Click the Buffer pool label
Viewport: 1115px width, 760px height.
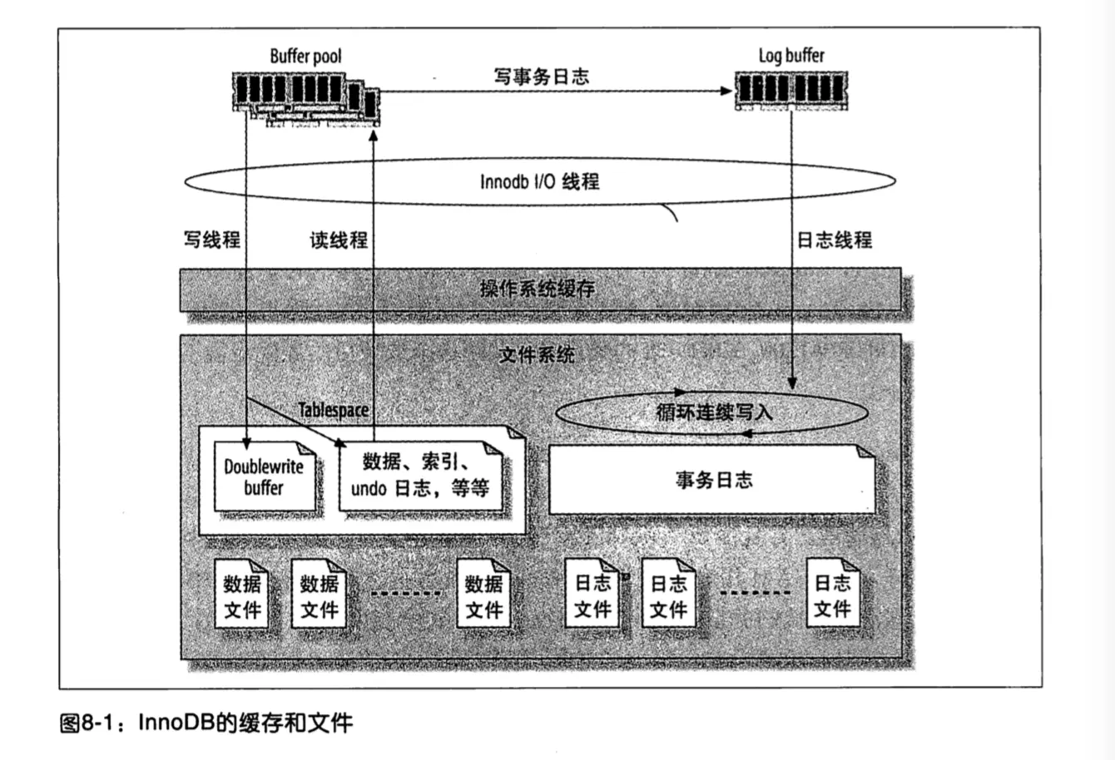point(305,57)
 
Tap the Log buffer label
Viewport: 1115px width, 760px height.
point(790,56)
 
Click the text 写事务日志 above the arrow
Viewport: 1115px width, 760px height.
point(541,76)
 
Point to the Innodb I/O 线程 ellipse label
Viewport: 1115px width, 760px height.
point(539,181)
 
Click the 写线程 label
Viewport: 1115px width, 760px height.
point(211,239)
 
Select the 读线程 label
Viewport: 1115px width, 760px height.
point(339,239)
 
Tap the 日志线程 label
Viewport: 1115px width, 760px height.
point(834,239)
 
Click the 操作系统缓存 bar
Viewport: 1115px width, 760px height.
point(539,289)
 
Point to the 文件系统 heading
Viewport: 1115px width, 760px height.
point(536,355)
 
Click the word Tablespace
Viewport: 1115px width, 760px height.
point(333,410)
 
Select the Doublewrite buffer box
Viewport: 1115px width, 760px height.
point(264,476)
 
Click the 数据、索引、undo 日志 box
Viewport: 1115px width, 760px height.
point(419,476)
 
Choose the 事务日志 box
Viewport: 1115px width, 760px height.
point(713,480)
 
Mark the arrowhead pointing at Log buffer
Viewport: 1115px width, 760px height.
point(724,90)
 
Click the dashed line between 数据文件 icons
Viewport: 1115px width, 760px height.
point(405,593)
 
